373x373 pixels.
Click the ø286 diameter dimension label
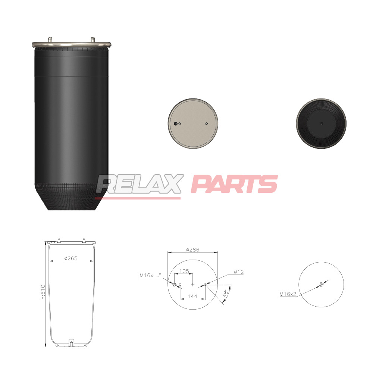click(192, 250)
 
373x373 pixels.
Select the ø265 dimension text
click(70, 258)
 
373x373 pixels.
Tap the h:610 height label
click(43, 292)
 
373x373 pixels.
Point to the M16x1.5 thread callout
click(150, 275)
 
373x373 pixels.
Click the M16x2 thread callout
click(288, 294)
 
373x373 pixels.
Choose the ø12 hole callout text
click(239, 272)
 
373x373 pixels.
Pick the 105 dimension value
click(184, 271)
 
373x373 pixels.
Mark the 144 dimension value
click(192, 297)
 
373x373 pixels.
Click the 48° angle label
click(226, 293)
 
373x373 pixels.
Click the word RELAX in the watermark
click(140, 184)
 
